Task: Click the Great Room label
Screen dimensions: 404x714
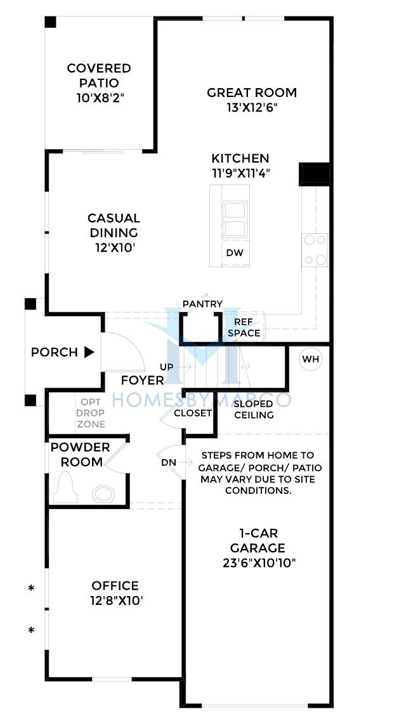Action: coord(252,93)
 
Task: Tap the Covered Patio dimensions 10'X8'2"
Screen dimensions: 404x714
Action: coord(100,98)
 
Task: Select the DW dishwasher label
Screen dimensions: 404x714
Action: coord(236,253)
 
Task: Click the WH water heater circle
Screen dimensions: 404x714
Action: coord(311,360)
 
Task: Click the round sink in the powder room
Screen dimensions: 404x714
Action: coord(104,494)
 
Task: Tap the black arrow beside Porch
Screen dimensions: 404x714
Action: coord(89,352)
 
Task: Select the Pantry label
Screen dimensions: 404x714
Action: coord(203,304)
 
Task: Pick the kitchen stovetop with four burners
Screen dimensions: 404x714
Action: coord(315,250)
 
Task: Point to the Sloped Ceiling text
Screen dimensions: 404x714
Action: coord(253,410)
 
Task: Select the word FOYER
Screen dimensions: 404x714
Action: coord(143,380)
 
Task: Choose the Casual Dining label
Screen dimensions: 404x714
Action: coord(114,225)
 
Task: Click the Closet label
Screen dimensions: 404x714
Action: coord(193,413)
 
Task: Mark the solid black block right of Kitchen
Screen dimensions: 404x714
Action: coord(315,174)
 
